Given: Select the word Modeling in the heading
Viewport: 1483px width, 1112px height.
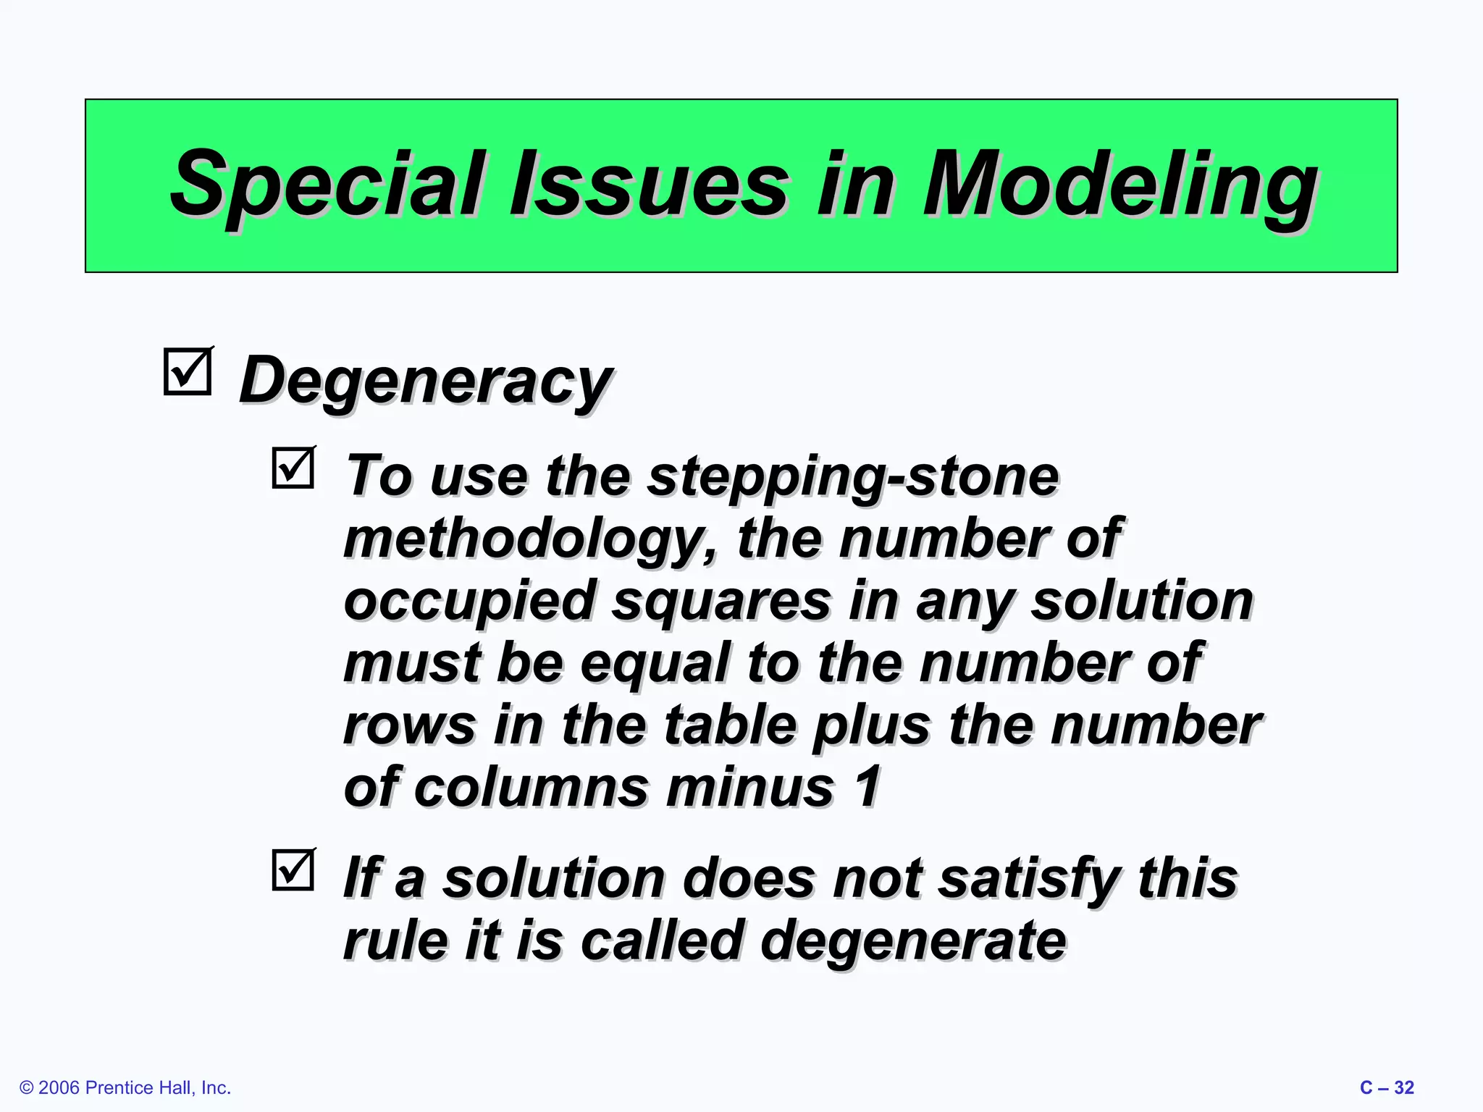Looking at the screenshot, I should point(1119,185).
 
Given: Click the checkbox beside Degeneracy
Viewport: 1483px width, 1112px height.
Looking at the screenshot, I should point(188,372).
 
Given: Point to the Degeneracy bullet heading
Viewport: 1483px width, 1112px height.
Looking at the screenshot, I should point(426,381).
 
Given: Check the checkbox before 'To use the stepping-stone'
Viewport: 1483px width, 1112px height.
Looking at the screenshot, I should point(293,468).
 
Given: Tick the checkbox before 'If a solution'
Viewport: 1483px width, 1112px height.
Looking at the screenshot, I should point(293,869).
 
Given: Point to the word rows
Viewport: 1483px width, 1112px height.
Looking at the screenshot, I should point(409,725).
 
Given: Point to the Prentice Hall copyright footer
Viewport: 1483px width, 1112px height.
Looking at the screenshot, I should point(125,1088).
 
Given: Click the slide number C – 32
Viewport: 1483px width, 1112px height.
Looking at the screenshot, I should point(1387,1088).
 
